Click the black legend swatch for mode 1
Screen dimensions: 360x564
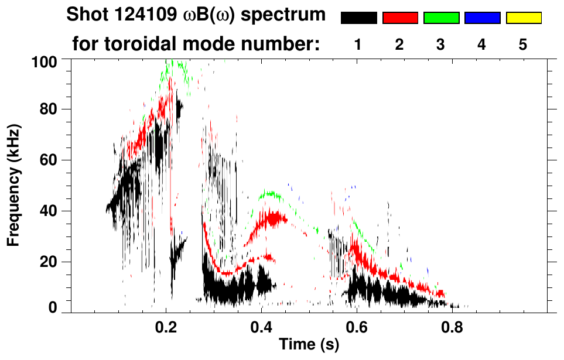[358, 18]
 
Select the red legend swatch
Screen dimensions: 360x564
[400, 18]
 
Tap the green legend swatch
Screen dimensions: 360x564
[441, 18]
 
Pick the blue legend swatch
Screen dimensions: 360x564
[482, 18]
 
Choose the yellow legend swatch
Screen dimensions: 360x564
[523, 18]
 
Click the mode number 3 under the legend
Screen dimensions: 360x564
[441, 44]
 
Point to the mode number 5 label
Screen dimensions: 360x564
[523, 44]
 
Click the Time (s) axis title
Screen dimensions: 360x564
[308, 345]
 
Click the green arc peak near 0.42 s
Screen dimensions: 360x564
[269, 193]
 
